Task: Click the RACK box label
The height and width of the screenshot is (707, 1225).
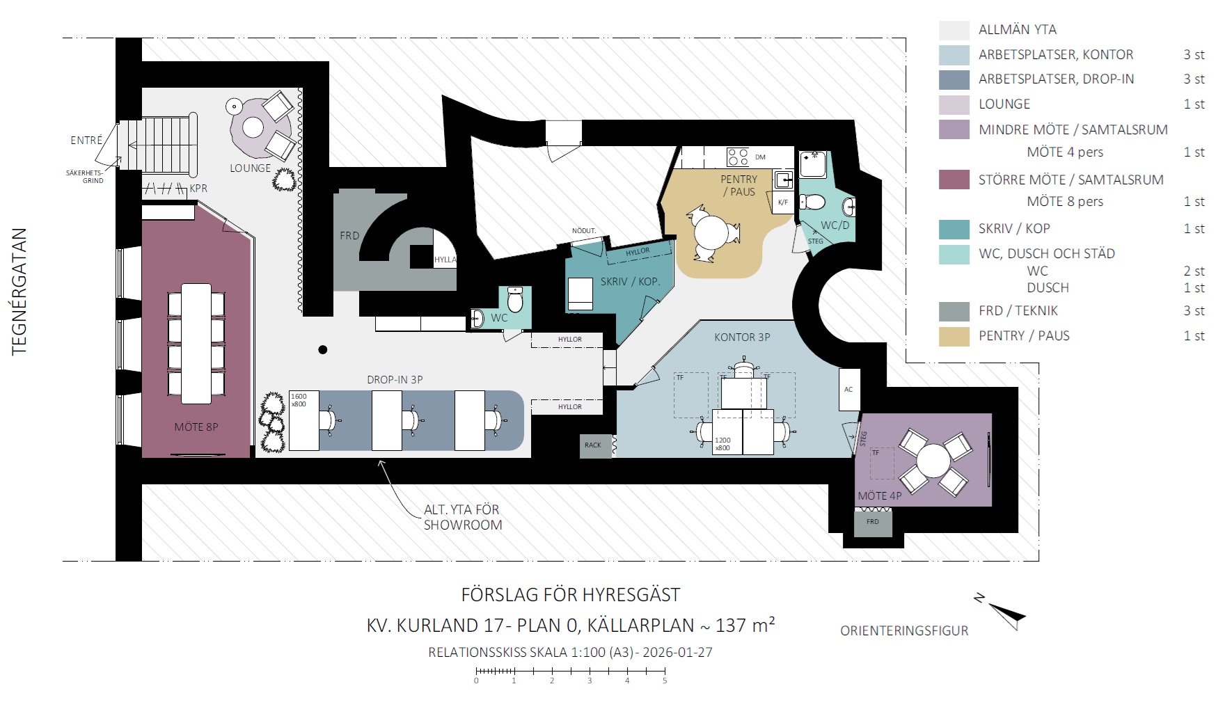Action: (x=593, y=445)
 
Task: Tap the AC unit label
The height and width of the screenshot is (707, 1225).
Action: (x=848, y=390)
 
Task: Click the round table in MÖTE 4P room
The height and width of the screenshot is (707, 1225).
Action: (x=933, y=461)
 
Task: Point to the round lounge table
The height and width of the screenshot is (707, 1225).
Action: (x=253, y=127)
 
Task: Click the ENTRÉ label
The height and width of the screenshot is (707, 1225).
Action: (x=86, y=141)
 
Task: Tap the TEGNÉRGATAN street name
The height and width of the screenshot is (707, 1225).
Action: (x=19, y=292)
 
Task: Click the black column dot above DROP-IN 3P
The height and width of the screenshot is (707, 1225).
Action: (x=323, y=350)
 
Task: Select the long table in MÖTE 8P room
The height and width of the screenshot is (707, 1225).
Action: (x=196, y=344)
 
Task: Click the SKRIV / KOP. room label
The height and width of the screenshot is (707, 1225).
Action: (x=631, y=282)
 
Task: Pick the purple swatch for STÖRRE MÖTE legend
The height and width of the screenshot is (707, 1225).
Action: (x=954, y=180)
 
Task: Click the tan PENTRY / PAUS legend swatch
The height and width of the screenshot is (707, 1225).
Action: (x=954, y=336)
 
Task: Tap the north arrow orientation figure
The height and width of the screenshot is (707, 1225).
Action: (x=1002, y=612)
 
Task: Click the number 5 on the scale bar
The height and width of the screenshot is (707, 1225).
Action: (x=665, y=681)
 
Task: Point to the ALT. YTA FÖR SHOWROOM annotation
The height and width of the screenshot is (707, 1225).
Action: (x=463, y=518)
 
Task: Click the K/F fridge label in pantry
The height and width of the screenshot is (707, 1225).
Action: (x=783, y=202)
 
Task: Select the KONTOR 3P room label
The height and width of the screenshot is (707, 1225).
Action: (x=742, y=337)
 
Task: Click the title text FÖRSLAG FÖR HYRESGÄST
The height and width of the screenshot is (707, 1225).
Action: (x=571, y=595)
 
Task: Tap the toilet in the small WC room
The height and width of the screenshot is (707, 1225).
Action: (x=515, y=300)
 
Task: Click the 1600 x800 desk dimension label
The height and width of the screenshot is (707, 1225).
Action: (x=299, y=400)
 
